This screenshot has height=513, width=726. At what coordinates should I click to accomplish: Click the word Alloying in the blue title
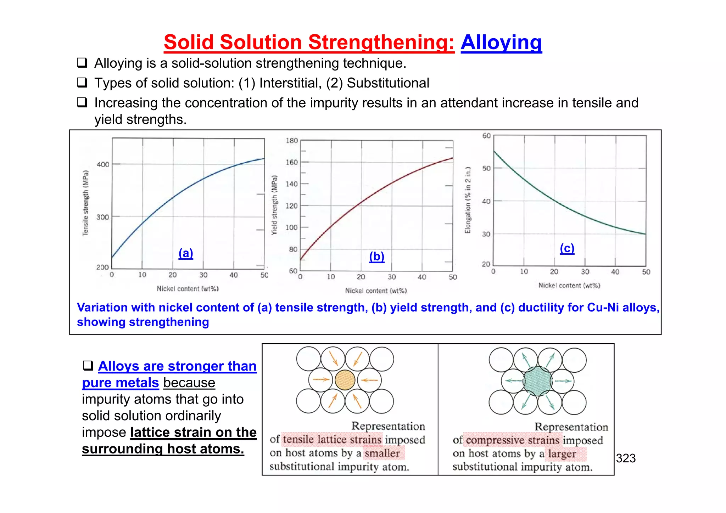[501, 43]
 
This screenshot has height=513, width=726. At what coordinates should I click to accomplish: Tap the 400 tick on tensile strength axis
[103, 164]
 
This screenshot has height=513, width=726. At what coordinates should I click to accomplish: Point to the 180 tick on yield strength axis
[292, 141]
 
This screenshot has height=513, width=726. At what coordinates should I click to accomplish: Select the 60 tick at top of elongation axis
[486, 136]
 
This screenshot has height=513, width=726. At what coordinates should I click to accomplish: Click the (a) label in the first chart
[186, 253]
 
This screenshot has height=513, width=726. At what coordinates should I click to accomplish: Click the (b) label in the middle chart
[376, 256]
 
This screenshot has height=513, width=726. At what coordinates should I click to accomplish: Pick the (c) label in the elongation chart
[567, 248]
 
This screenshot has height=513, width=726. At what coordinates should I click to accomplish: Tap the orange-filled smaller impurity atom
[345, 380]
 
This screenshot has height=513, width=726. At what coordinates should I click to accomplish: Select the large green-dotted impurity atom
[537, 381]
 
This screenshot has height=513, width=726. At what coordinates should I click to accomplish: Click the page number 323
[626, 458]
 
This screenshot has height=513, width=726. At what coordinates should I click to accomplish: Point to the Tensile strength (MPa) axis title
[85, 203]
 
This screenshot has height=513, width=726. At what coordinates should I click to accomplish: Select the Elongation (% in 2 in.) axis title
[468, 200]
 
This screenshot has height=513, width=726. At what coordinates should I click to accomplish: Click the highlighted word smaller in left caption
[382, 453]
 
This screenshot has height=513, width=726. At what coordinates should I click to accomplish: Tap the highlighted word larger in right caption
[562, 453]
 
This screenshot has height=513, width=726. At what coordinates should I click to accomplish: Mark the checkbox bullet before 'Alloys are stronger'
[88, 365]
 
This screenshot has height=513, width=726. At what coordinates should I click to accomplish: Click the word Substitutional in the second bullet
[388, 83]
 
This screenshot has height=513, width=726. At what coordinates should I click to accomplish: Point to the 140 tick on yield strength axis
[292, 184]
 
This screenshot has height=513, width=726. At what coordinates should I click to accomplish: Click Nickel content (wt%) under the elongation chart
[569, 286]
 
